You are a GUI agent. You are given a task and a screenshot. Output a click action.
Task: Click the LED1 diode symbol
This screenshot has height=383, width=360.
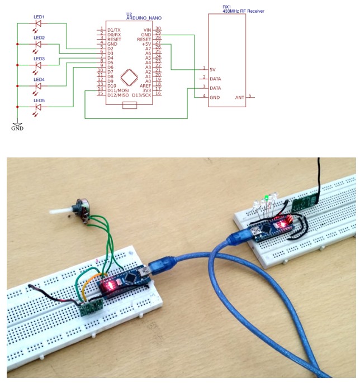[39, 25]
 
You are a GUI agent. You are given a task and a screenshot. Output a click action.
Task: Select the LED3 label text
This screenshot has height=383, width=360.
[39, 58]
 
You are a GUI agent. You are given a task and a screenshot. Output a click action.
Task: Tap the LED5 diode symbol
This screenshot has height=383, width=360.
[39, 107]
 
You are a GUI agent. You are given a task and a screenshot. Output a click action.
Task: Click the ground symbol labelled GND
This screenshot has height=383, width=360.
[17, 125]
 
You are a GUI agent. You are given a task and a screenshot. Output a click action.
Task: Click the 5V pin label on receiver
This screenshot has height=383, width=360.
[212, 69]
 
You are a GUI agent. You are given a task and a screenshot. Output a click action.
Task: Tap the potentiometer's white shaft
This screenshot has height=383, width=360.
[61, 213]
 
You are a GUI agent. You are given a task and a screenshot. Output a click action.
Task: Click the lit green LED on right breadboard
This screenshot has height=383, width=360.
[268, 197]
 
